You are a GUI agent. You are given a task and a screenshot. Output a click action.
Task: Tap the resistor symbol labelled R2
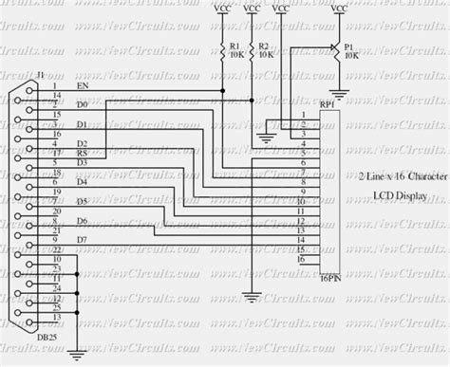(251, 47)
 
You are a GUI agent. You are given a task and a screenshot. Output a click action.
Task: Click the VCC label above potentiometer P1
(339, 9)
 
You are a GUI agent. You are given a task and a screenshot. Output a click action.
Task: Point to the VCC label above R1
(223, 9)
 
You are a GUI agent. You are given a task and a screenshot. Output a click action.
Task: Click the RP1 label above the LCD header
(327, 106)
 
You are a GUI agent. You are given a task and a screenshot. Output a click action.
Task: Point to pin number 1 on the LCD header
(303, 116)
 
